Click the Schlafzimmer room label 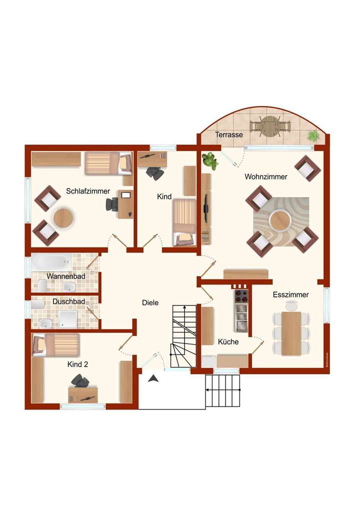88,191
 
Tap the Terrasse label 229,135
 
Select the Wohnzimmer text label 265,177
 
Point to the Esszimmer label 290,295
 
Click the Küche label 228,342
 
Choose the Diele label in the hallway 150,302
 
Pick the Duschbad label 68,301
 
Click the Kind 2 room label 77,364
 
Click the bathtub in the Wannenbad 51,262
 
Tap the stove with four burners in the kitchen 241,296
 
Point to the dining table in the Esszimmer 291,333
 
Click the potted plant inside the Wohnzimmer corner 210,161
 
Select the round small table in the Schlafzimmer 63,218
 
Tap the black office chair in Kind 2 80,381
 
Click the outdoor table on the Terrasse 270,126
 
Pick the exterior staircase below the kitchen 223,391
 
